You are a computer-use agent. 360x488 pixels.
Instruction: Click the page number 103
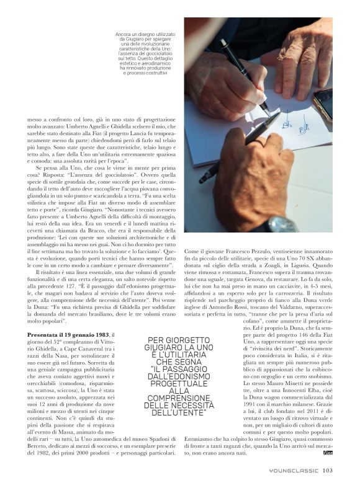click(328, 470)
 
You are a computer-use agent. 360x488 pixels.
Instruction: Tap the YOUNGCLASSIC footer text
click(295, 470)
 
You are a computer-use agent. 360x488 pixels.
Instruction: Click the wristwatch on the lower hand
click(281, 223)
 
